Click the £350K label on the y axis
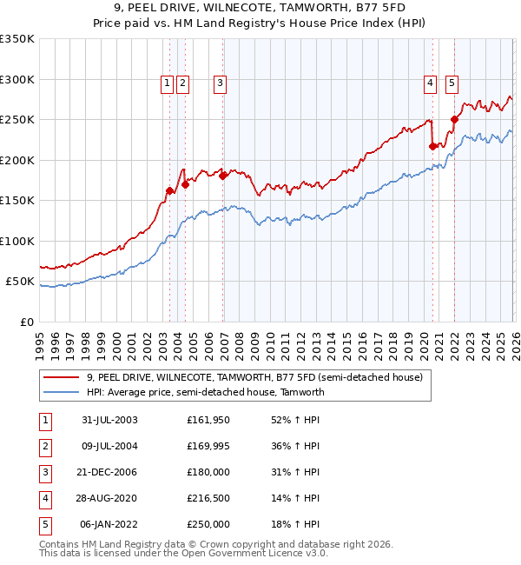[17, 39]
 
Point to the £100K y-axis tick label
[17, 241]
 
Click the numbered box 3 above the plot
[220, 83]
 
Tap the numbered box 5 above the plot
[452, 83]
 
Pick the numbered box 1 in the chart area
[167, 83]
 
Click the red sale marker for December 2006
[223, 176]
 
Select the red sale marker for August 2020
[432, 147]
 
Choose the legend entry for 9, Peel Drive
[254, 377]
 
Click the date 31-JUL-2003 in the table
[109, 420]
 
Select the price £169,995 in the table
[208, 446]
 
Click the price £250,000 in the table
[208, 524]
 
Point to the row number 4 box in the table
[43, 498]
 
